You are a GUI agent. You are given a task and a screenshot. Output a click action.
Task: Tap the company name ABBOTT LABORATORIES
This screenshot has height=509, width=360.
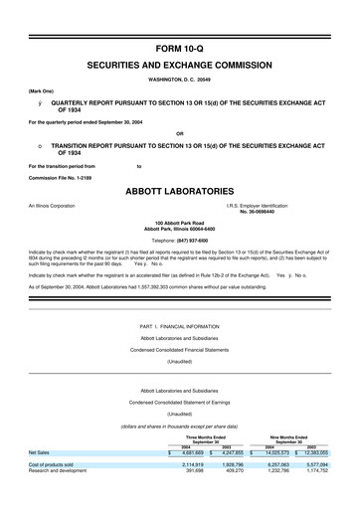(x=179, y=188)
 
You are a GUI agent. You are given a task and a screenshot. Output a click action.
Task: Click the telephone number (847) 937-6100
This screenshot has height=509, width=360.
(x=195, y=242)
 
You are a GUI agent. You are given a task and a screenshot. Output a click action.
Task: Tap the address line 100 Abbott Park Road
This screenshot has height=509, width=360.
(x=180, y=223)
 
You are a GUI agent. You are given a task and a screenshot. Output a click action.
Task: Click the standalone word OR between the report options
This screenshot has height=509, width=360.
(x=179, y=133)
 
